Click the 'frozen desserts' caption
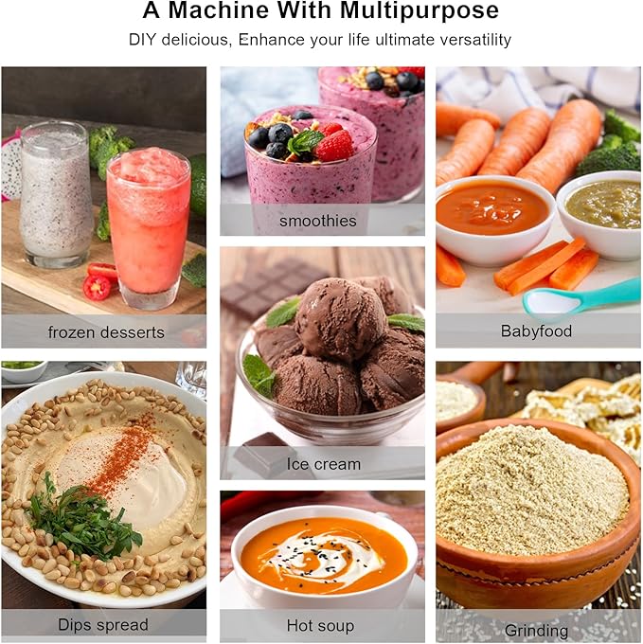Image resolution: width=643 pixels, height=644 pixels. tap(106, 332)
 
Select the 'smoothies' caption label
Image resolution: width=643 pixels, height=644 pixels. tap(318, 221)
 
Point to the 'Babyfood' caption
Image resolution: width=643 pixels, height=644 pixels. tap(536, 331)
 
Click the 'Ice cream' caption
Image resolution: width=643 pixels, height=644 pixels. tap(324, 464)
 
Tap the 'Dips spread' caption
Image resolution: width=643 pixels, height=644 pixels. tap(103, 625)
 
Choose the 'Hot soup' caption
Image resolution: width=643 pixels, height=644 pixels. tap(320, 625)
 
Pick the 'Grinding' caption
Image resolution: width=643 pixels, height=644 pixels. tap(536, 631)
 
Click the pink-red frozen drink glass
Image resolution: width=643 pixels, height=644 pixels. tap(148, 226)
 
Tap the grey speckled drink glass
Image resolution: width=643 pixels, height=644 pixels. tap(56, 193)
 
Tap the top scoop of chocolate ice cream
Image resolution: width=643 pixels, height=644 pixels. tap(340, 317)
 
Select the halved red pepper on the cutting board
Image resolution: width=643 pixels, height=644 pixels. tap(97, 286)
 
